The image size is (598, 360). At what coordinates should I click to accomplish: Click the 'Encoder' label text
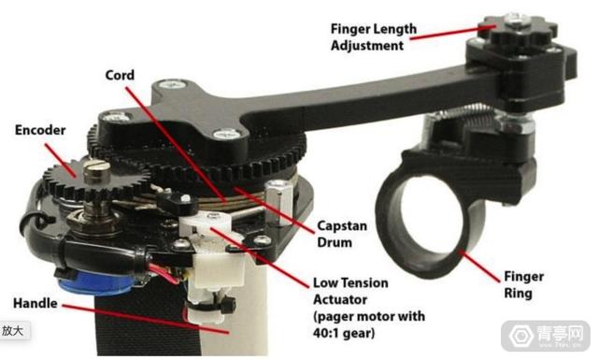click(40, 130)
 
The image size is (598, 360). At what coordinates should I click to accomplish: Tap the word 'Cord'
click(120, 75)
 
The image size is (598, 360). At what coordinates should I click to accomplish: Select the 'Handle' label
click(36, 303)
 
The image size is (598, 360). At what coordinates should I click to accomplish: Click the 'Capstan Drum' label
click(342, 234)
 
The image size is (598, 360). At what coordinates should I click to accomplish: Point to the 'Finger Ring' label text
click(523, 285)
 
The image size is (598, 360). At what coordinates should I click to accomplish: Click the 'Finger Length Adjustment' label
click(373, 37)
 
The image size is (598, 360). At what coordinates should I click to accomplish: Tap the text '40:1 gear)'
click(344, 333)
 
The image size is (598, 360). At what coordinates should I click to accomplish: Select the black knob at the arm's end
click(516, 29)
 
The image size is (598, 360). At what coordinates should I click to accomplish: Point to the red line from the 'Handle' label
click(146, 319)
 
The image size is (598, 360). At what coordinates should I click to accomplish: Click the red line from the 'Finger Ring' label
click(479, 266)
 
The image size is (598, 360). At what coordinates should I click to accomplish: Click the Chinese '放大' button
click(12, 331)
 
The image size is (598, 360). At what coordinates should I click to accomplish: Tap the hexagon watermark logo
click(521, 336)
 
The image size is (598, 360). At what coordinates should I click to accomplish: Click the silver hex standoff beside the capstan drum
click(278, 202)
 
